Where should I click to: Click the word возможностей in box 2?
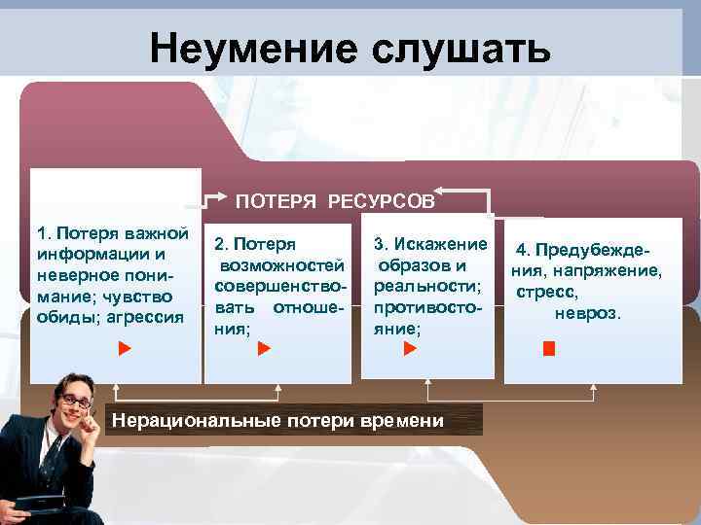tap(281, 265)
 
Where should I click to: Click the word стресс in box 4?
tap(547, 292)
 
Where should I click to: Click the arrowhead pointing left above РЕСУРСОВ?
tap(439, 190)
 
